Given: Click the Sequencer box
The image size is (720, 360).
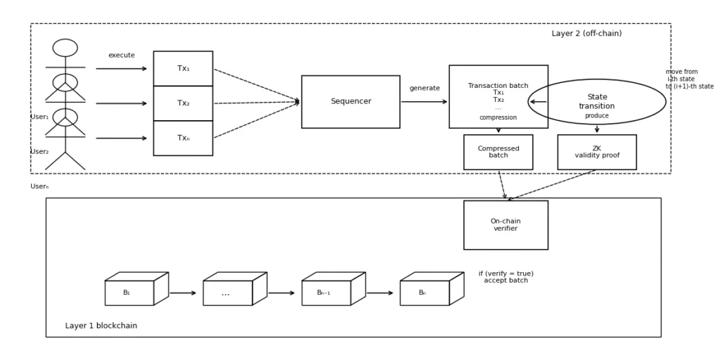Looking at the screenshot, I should pos(350,102).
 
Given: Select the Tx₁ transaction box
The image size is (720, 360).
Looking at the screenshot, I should pos(183,69).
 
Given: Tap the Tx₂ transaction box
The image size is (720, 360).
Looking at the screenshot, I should pos(183,103).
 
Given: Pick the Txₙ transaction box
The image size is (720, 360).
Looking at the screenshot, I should pos(183,139).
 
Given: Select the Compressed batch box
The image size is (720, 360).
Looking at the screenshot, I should pos(498,152).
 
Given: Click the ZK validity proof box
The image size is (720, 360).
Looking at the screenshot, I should pos(596,152).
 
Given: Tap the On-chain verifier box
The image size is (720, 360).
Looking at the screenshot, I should pos(506,225).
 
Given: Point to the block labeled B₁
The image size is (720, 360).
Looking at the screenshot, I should pos(129,292).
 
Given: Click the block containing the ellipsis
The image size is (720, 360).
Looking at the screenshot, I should pos(227,292).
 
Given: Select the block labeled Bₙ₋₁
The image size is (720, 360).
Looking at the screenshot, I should pos(326,292).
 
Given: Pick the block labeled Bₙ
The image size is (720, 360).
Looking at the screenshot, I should pos(424,292).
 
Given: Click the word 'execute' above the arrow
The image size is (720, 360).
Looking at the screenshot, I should pos(121,56).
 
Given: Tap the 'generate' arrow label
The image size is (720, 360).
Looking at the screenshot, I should pos(425,89).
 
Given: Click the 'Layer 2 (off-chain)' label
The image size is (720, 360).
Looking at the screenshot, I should pos(586,34).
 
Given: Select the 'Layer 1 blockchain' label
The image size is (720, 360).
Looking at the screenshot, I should pos(101,326).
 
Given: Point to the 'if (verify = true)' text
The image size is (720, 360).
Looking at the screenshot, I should pos(506,274).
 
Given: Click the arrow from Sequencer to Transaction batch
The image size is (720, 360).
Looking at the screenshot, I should pos(424,102).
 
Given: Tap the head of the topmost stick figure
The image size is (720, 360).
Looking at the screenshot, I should pos(65,48).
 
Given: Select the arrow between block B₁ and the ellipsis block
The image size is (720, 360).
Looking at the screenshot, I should pos(183,293).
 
